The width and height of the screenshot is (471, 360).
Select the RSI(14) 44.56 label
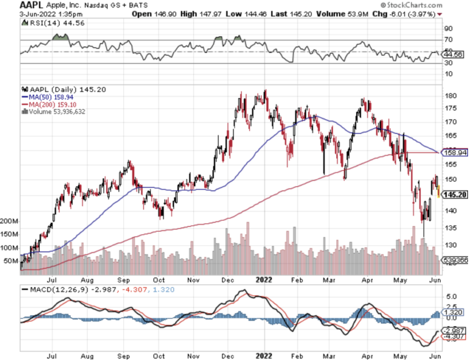click(x=47, y=22)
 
